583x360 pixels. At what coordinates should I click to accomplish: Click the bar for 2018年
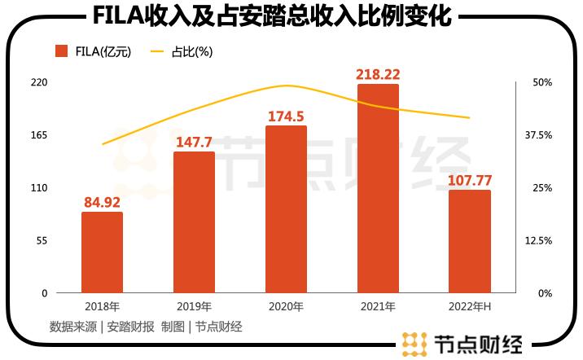(102, 252)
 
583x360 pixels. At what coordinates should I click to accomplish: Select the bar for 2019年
(194, 222)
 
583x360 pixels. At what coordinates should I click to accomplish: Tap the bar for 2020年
(286, 209)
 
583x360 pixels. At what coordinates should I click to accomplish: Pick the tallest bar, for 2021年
(378, 188)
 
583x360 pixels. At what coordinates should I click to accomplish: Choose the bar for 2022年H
(470, 241)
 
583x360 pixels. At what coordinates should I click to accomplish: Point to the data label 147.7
(194, 142)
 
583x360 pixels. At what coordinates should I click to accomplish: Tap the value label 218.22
(378, 74)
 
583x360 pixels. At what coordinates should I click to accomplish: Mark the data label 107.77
(470, 180)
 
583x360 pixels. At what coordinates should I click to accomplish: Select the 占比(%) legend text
(192, 51)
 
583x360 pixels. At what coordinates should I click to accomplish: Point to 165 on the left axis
(39, 135)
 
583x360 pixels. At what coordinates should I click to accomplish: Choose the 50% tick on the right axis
(543, 82)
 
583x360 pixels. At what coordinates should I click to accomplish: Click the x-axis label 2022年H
(470, 307)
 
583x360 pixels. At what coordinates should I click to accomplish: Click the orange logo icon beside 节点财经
(414, 344)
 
